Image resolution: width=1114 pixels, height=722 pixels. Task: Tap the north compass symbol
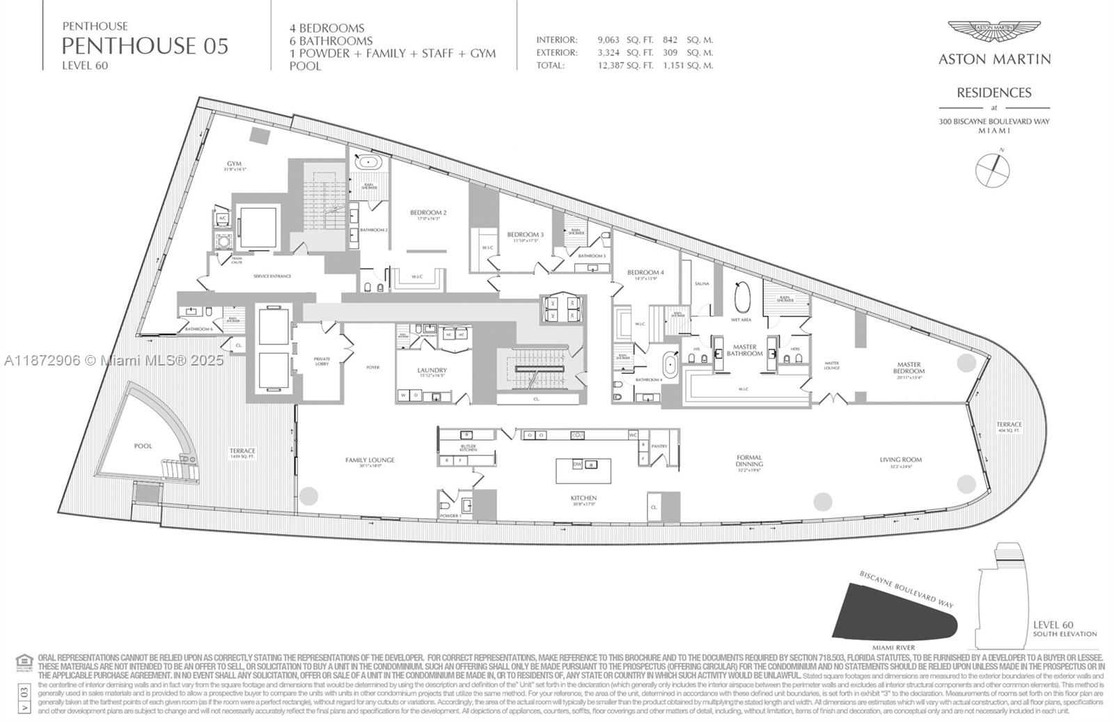coord(993,170)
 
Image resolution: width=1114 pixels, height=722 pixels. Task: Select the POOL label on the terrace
coord(143,446)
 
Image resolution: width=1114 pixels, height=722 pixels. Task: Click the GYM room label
coord(234,164)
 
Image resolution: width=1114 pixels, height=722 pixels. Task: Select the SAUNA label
coord(701,284)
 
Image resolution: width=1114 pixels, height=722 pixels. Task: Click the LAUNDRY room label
coord(432,370)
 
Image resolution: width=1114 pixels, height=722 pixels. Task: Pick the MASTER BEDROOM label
coord(909,368)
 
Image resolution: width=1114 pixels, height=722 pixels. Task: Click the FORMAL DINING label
coord(749,461)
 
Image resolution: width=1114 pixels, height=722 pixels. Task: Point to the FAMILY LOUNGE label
coord(370,460)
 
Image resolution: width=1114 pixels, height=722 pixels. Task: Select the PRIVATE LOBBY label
coord(322,361)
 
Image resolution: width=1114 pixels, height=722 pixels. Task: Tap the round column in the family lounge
coord(308,496)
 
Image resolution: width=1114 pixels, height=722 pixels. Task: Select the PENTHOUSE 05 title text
coord(145,46)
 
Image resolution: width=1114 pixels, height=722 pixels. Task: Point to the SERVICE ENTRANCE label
coord(272,276)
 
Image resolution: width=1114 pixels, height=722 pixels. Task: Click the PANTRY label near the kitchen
coord(659,446)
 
